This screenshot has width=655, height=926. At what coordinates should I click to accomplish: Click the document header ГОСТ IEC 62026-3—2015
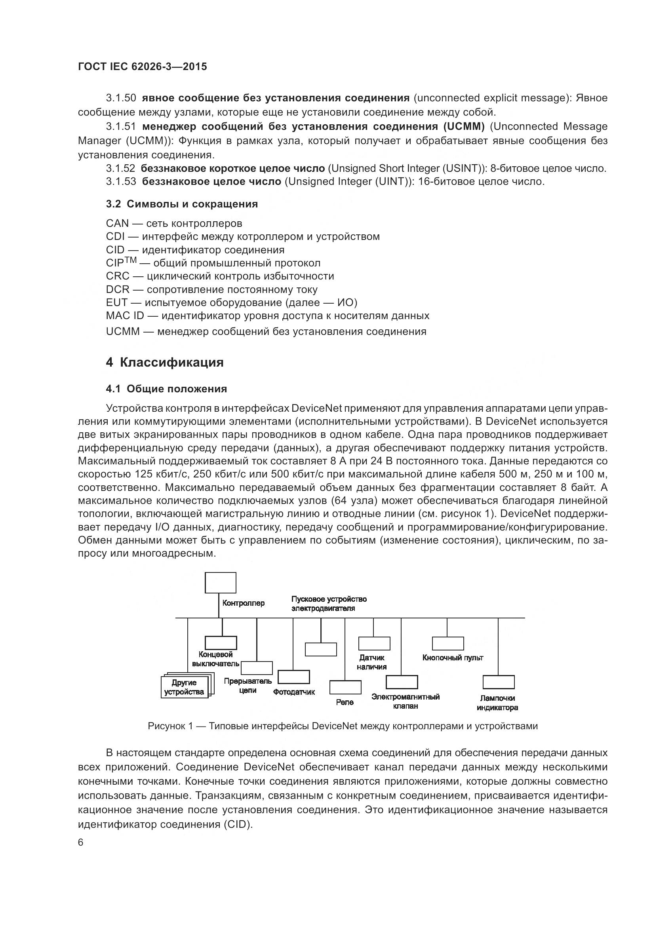pos(143,67)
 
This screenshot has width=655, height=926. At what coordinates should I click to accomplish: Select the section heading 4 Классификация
pos(165,362)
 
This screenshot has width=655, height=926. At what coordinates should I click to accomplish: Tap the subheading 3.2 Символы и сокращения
pos(182,204)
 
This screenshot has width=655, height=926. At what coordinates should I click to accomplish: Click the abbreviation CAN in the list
pos(117,223)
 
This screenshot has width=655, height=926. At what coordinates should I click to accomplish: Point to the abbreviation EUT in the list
pos(116,302)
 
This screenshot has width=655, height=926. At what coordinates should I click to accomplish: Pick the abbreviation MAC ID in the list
pos(125,316)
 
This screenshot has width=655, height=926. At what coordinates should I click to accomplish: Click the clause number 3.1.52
pos(121,169)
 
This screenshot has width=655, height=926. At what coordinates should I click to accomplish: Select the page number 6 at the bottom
pos(81,843)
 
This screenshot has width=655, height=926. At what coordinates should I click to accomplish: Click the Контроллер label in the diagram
pos(244,603)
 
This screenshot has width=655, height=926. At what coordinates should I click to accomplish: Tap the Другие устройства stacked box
pos(184,687)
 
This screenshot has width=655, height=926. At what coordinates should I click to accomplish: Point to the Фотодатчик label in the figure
pos(293,692)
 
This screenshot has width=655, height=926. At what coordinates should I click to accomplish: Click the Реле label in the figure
pos(345,702)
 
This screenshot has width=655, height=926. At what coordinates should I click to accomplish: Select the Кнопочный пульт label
pos(453,658)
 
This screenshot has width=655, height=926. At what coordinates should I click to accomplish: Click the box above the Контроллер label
pos(220,583)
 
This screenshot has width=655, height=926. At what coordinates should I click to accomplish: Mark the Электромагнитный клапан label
pos(406,701)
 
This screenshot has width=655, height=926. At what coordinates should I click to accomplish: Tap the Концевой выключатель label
pos(215,659)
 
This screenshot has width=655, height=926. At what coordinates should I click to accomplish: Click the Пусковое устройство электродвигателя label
pos(329,603)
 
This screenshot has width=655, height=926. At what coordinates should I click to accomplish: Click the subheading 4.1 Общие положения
pos(166,389)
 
